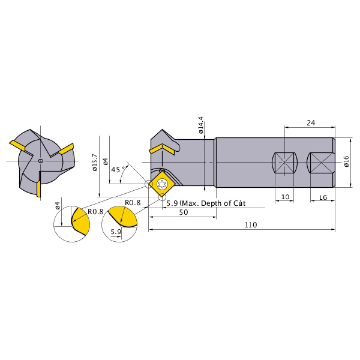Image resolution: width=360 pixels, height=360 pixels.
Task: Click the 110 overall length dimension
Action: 250,224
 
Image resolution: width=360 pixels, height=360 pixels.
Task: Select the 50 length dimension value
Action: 184,212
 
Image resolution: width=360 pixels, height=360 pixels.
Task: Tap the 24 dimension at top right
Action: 311,123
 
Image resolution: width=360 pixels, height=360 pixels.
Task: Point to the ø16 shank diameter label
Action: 346,161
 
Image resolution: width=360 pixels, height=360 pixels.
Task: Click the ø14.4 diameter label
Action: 200,125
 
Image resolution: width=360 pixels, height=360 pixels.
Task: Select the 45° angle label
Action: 119,169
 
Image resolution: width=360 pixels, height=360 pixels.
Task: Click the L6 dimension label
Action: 323,197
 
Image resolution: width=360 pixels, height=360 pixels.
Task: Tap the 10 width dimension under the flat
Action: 285,197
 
